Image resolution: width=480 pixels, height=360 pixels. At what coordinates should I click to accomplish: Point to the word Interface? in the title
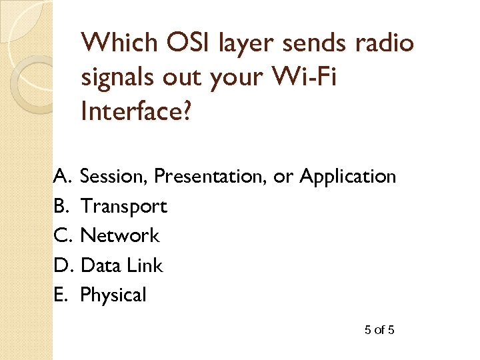click(136, 112)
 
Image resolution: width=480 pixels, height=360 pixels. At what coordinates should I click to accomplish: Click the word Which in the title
click(115, 43)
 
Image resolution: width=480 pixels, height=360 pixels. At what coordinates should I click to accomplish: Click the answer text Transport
click(123, 207)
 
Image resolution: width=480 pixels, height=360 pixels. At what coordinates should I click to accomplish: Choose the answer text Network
click(120, 235)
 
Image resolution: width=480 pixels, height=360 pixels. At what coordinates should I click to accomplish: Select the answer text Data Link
click(121, 265)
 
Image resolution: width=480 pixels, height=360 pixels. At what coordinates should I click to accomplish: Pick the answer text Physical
click(113, 295)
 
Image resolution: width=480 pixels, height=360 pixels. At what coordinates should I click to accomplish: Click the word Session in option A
click(114, 177)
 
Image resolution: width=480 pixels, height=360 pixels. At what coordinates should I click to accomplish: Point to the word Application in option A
click(347, 177)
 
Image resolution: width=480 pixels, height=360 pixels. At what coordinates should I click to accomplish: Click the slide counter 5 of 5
click(379, 330)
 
